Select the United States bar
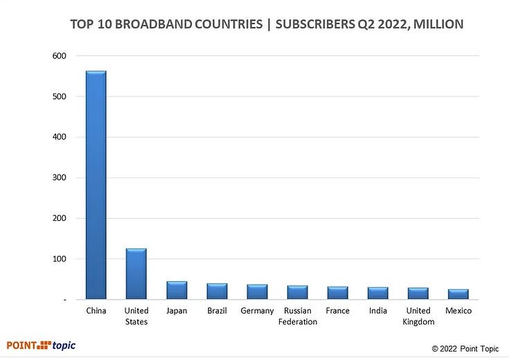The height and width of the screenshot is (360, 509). tap(136, 274)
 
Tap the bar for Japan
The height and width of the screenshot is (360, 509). tap(177, 291)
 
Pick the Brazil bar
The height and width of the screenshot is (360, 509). tap(217, 291)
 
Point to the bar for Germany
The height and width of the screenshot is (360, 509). tap(257, 292)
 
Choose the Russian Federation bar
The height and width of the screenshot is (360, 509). tap(298, 293)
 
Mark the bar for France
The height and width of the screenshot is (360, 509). tap(338, 294)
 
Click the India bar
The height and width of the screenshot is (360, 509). tap(378, 294)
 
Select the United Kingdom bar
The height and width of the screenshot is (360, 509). tap(418, 294)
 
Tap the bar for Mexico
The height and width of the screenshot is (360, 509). tap(458, 295)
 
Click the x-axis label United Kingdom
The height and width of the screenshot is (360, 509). tap(418, 316)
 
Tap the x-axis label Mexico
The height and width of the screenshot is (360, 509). tap(458, 311)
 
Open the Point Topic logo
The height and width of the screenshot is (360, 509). tap(42, 345)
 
